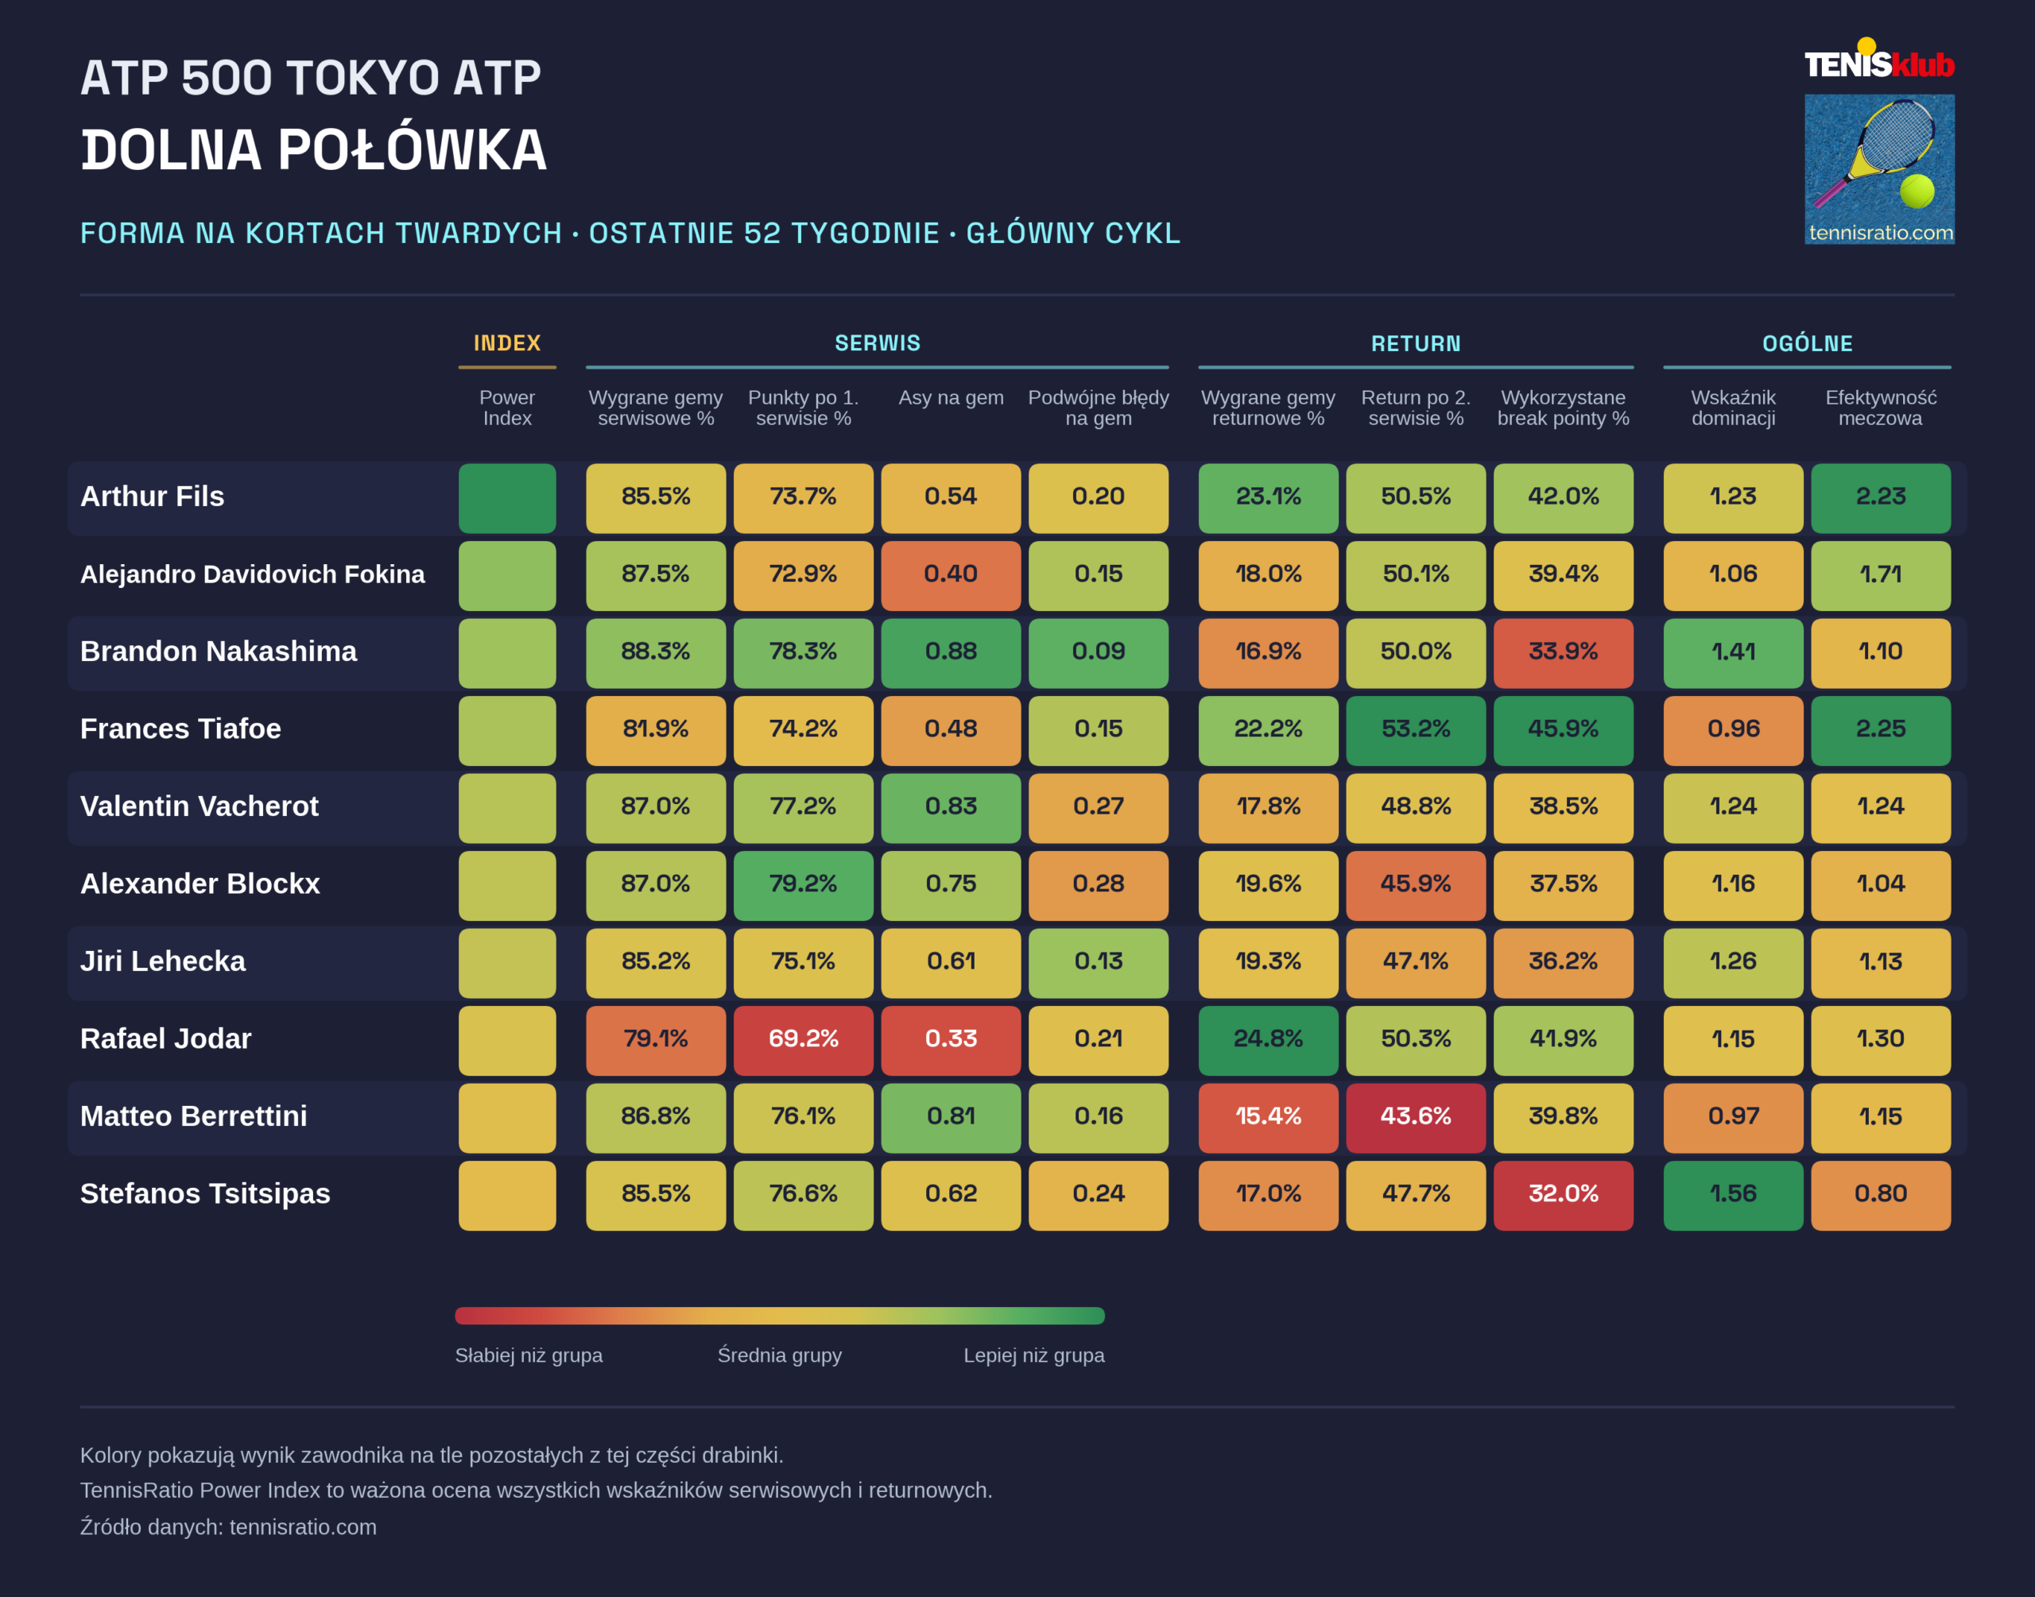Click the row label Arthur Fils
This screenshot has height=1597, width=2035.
click(x=153, y=497)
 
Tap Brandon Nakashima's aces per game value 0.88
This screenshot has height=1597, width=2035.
click(x=951, y=652)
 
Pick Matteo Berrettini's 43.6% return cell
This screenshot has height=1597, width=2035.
click(x=1416, y=1117)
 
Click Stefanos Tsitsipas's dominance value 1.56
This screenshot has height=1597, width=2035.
click(x=1733, y=1195)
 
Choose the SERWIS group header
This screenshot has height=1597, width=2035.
click(x=878, y=343)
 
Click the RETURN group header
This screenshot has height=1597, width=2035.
click(x=1416, y=343)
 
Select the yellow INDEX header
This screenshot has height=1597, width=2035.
click(x=507, y=343)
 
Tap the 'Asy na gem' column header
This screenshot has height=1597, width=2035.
click(x=951, y=398)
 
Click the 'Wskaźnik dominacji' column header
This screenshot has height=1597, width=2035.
click(x=1733, y=408)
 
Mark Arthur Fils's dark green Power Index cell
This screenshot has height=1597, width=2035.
click(x=507, y=498)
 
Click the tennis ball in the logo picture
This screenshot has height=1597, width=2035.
click(x=1917, y=191)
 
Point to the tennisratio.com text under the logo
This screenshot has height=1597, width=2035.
click(x=1881, y=233)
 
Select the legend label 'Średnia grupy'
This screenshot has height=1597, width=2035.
click(x=779, y=1355)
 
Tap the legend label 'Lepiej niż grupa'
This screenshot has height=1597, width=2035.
click(x=1033, y=1355)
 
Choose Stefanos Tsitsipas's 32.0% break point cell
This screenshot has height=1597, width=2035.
click(x=1564, y=1195)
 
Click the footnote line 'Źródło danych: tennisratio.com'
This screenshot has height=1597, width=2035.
click(x=228, y=1527)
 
